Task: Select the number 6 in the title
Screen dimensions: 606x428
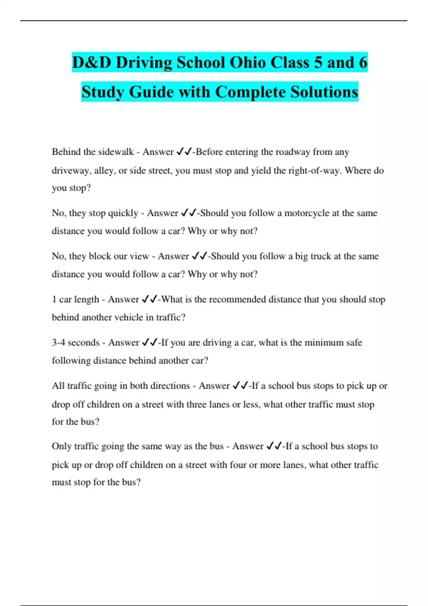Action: [x=363, y=63]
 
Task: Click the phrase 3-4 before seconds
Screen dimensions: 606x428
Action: [x=58, y=343]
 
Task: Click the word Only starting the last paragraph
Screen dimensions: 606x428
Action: [x=61, y=446]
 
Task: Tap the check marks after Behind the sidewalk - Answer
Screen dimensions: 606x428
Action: [x=184, y=152]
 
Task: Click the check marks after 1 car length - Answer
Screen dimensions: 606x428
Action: [x=149, y=299]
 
